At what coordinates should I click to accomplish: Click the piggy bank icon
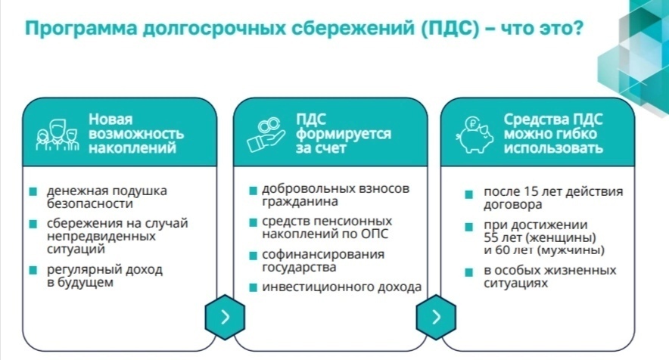(x=475, y=135)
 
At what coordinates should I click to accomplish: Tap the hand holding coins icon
(x=266, y=135)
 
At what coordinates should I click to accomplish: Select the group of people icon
(x=58, y=135)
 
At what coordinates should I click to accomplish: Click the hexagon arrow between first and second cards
(x=225, y=317)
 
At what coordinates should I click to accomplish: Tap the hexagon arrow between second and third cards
(x=436, y=317)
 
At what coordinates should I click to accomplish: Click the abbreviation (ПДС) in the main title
(x=450, y=29)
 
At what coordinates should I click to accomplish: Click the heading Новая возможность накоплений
(x=136, y=134)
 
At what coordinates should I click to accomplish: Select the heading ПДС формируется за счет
(x=344, y=134)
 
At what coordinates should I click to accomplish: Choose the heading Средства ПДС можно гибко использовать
(x=553, y=134)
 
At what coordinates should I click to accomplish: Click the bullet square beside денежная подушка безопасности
(x=33, y=191)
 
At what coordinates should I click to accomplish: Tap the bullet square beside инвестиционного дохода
(x=253, y=287)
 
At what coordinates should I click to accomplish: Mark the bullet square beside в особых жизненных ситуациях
(x=469, y=272)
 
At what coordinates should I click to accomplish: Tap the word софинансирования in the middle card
(x=323, y=254)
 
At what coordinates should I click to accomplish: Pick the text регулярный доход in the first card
(x=104, y=269)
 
